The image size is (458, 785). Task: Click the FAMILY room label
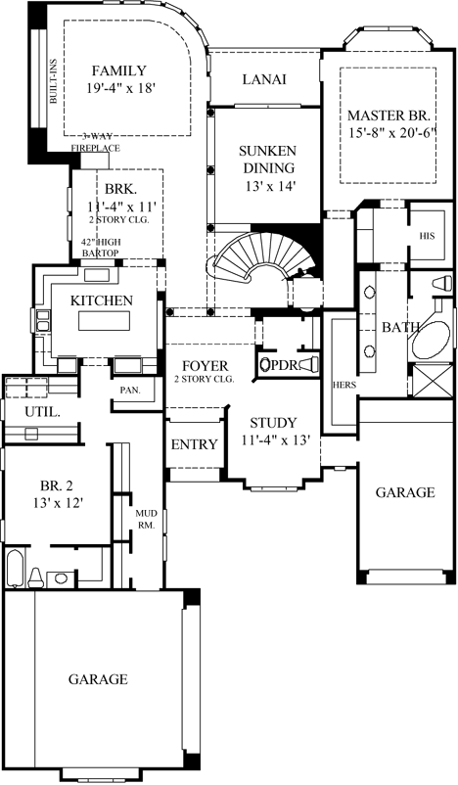(x=118, y=70)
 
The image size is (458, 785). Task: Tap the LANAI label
(x=264, y=79)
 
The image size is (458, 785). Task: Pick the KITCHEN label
(x=100, y=300)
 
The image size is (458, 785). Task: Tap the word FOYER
(x=201, y=366)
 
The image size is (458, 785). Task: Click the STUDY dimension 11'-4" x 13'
(x=275, y=440)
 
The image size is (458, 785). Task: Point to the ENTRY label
(x=194, y=444)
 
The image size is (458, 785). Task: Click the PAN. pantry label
(x=130, y=390)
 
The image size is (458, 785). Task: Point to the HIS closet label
(x=427, y=236)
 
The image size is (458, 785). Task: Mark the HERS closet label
(x=343, y=384)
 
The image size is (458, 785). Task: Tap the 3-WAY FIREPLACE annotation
(x=95, y=142)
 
